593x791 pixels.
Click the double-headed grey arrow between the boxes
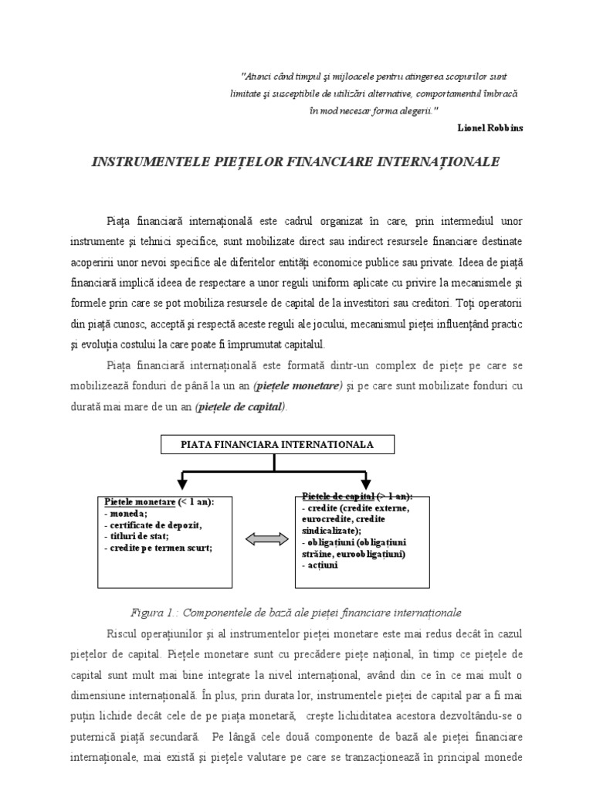pyautogui.click(x=265, y=538)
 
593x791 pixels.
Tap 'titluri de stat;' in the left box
pyautogui.click(x=139, y=536)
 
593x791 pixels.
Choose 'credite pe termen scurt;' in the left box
pyautogui.click(x=159, y=548)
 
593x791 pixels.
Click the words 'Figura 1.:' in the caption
pyautogui.click(x=157, y=613)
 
